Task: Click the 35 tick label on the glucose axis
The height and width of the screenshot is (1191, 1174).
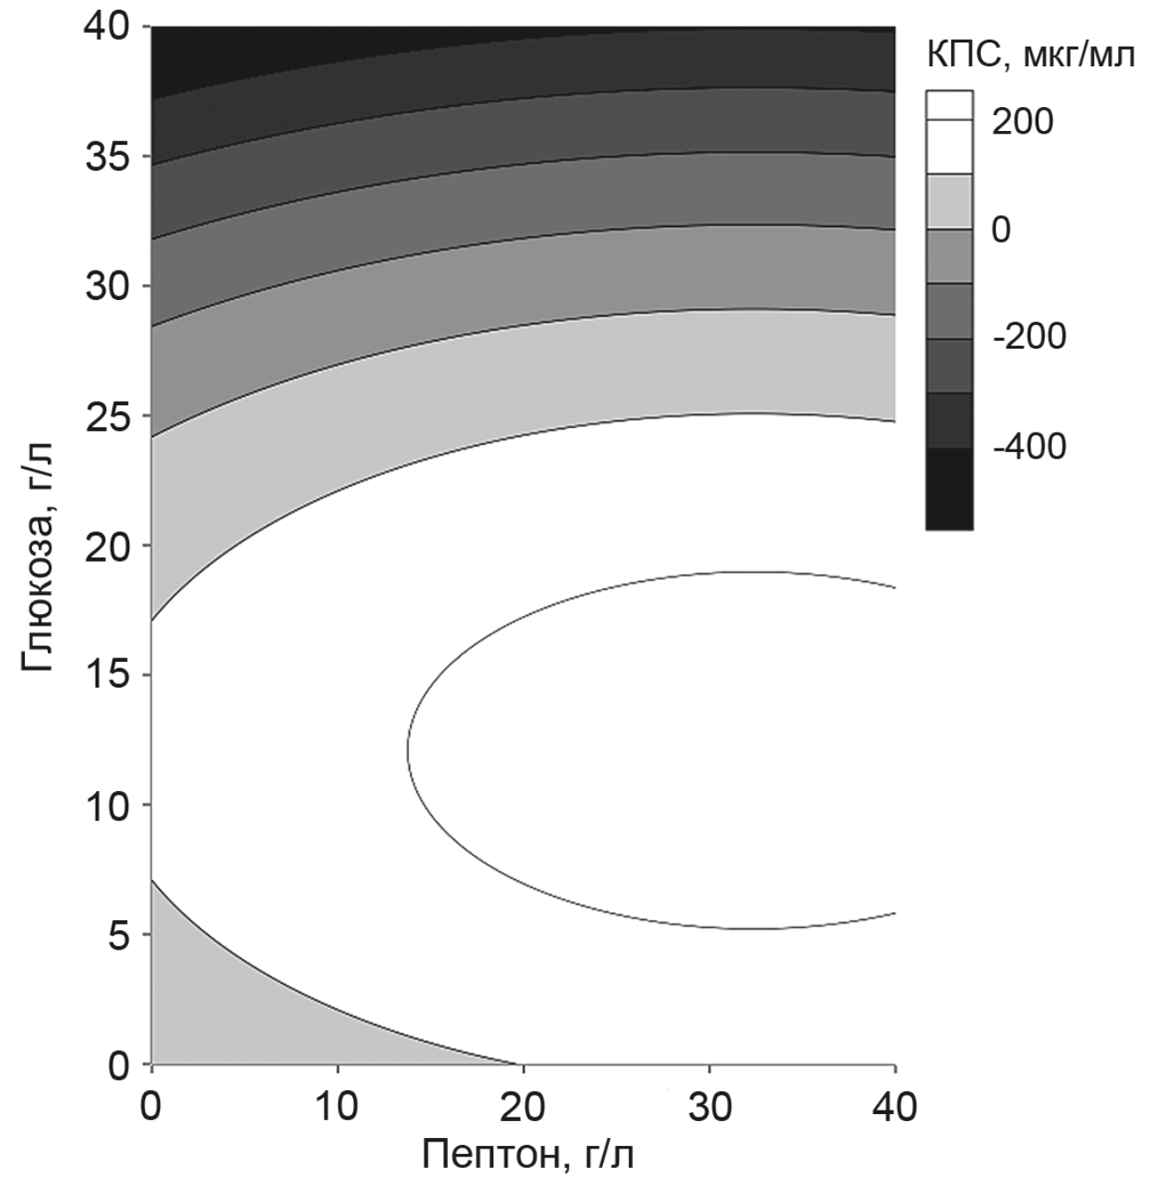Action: coord(106,157)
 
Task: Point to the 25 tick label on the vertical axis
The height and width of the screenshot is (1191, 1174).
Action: coord(106,416)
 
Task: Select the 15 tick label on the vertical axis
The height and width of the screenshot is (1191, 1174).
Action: coord(106,675)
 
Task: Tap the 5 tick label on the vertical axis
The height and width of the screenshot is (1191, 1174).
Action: coord(118,935)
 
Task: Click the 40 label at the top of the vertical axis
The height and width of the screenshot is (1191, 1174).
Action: coord(106,27)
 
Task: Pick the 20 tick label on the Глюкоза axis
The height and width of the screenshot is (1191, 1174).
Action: coord(106,546)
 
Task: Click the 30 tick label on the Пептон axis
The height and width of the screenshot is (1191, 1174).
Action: coord(709,1106)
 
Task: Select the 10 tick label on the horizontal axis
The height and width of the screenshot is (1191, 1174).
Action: coord(337,1106)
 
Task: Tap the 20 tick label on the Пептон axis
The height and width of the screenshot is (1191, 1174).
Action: coord(523,1106)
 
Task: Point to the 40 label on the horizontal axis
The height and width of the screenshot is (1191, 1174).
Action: coord(894,1106)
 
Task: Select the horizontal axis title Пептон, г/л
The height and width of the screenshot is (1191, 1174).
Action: coord(528,1154)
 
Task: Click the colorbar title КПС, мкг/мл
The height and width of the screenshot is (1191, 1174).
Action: coord(1031,56)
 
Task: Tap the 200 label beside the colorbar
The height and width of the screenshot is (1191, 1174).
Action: coord(1023,121)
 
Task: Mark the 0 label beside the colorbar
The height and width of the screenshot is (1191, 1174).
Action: coord(1000,229)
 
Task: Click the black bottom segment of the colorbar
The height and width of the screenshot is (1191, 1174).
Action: coord(949,488)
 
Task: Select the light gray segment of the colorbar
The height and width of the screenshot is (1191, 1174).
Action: coord(949,201)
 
